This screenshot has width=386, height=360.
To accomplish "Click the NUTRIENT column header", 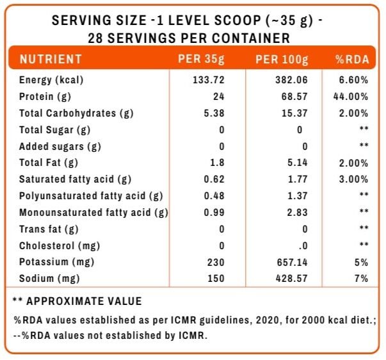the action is click(x=51, y=59).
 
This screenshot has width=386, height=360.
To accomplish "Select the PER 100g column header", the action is click(x=282, y=60).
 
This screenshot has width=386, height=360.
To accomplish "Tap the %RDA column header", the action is click(x=352, y=60).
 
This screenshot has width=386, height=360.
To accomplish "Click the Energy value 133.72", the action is click(x=209, y=80).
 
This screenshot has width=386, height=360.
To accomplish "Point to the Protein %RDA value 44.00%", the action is click(x=351, y=96).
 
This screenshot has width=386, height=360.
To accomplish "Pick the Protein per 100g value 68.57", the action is click(x=294, y=96).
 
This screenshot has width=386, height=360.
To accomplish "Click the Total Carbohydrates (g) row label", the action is click(x=76, y=113).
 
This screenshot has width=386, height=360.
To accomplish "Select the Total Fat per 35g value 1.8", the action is click(x=217, y=163).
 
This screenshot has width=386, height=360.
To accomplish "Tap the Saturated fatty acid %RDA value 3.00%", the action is click(x=353, y=179).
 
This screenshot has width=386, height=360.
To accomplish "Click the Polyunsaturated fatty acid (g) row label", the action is click(x=91, y=196).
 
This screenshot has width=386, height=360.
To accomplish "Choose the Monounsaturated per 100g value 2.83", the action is click(x=298, y=213).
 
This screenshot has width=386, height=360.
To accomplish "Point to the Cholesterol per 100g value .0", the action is click(x=303, y=246).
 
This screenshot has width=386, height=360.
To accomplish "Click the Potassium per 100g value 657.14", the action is click(x=292, y=262).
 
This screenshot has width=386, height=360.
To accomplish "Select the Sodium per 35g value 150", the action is click(x=216, y=279).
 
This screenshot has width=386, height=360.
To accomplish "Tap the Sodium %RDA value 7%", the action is click(x=362, y=279).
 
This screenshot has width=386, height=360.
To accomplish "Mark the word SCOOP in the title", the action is click(x=237, y=20).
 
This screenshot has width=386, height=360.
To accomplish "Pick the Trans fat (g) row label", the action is click(x=49, y=229).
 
